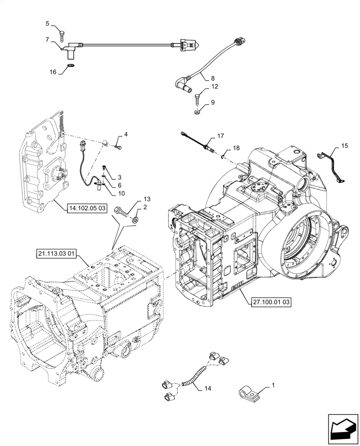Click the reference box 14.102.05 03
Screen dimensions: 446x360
click(x=87, y=208)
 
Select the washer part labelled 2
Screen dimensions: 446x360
click(x=135, y=219)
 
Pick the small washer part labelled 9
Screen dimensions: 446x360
click(x=197, y=113)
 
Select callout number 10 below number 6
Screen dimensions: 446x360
click(x=121, y=193)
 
